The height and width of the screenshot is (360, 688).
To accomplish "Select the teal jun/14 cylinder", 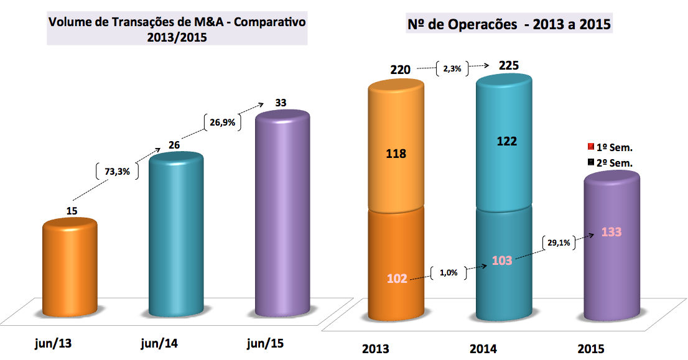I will tap(176, 236).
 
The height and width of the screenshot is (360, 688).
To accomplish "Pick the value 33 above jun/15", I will tap(280, 103).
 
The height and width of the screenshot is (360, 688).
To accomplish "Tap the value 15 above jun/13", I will tap(72, 211).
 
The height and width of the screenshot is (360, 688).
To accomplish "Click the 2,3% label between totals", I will tap(452, 69).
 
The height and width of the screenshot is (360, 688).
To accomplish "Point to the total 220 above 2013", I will tap(400, 70).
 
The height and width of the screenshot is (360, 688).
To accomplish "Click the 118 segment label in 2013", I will tap(396, 153).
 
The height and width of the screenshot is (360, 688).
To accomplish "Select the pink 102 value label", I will tap(396, 279).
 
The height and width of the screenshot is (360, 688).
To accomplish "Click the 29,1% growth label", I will tap(559, 243).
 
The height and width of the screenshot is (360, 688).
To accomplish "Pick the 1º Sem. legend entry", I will tap(610, 147).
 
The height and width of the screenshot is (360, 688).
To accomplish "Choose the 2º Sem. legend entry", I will tap(610, 162).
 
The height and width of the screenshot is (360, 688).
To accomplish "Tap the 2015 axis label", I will tap(590, 348).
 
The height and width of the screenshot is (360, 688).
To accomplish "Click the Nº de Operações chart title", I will tap(509, 25).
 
